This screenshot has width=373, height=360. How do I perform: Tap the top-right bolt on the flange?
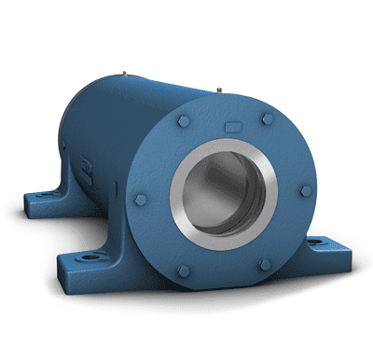pos(269,118)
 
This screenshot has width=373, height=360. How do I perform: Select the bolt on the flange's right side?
pos(306,190)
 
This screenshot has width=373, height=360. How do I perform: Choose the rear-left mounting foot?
pos(42,199)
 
